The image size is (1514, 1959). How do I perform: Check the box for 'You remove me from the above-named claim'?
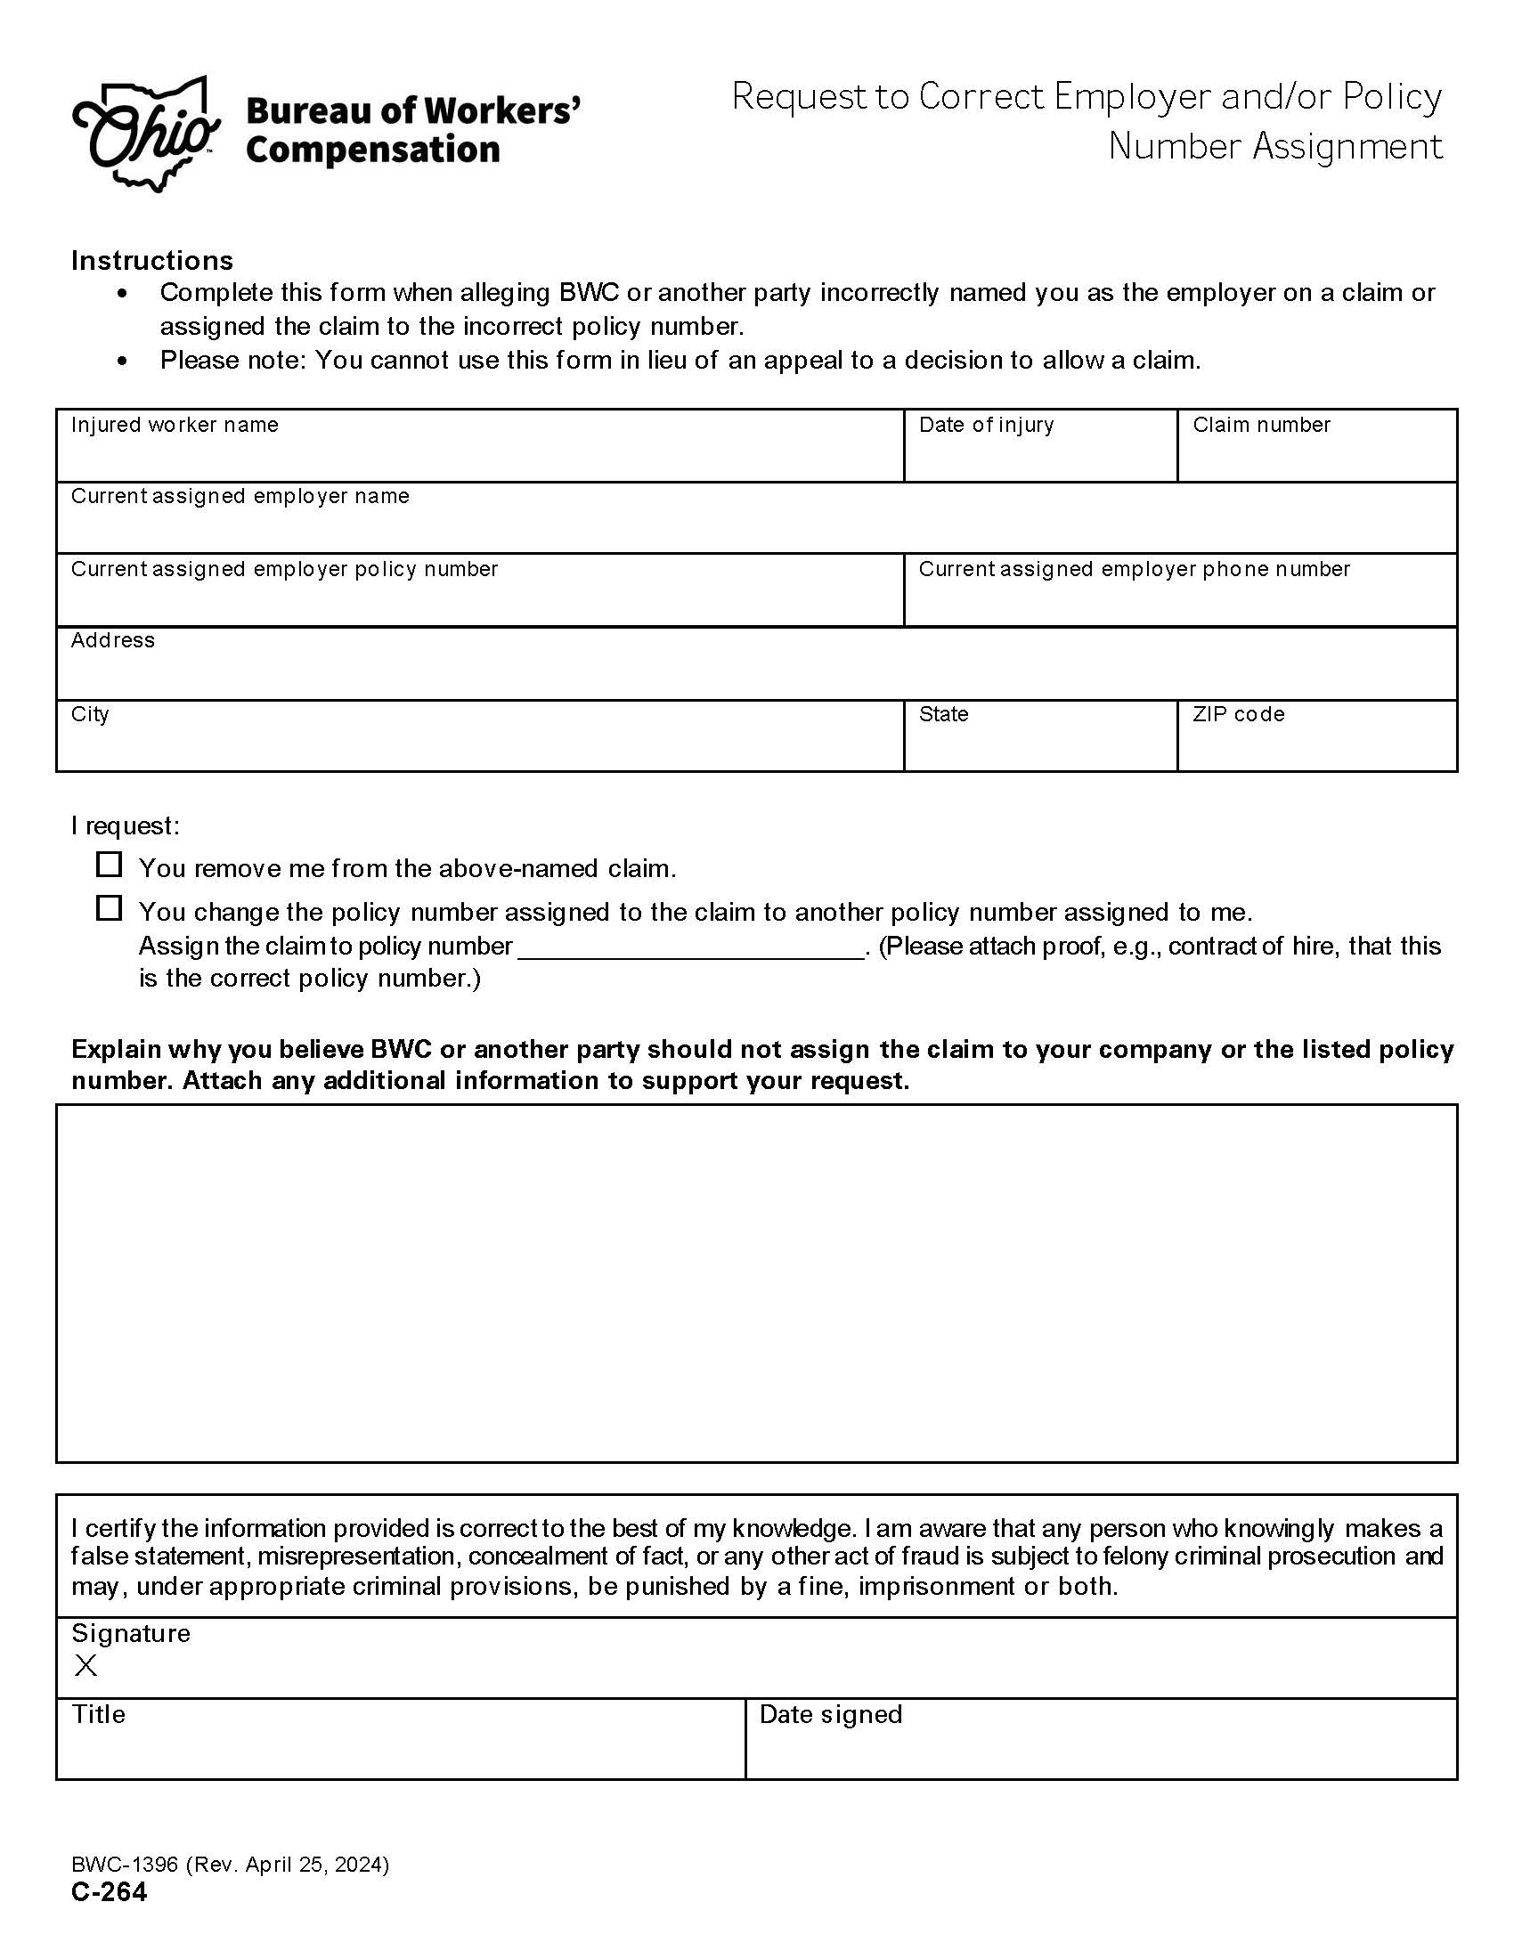click(109, 865)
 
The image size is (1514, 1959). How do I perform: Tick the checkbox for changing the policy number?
click(109, 907)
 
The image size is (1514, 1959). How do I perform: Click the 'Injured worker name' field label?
click(174, 424)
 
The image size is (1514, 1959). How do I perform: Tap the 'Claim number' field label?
click(1260, 424)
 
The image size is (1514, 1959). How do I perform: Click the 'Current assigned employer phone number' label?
click(1133, 569)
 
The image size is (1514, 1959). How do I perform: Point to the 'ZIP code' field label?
click(1238, 714)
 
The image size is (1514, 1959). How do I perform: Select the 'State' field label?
click(942, 714)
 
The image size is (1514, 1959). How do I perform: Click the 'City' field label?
click(90, 714)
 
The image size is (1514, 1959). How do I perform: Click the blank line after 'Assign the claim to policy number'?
click(690, 949)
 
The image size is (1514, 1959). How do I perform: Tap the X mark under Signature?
click(86, 1666)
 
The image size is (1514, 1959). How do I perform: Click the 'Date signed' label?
click(830, 1714)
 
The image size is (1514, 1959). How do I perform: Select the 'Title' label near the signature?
click(99, 1714)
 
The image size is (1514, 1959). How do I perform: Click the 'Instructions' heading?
click(151, 260)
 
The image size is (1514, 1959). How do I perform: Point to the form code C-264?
click(110, 1891)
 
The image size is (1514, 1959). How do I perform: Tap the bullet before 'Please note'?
click(123, 361)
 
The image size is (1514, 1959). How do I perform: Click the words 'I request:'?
click(126, 825)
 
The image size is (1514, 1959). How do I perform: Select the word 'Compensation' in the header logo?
click(372, 150)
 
